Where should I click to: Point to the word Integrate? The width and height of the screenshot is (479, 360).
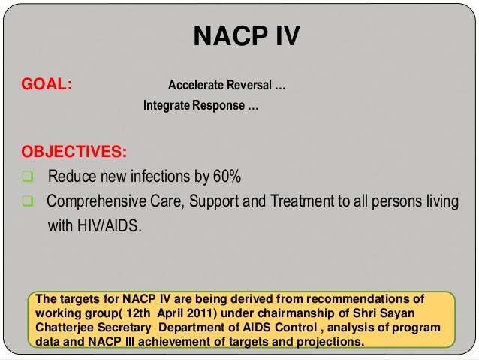pos(166,105)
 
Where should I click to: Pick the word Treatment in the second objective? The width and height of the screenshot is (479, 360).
pos(310,201)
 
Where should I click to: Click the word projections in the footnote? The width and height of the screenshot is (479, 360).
pos(327,343)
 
